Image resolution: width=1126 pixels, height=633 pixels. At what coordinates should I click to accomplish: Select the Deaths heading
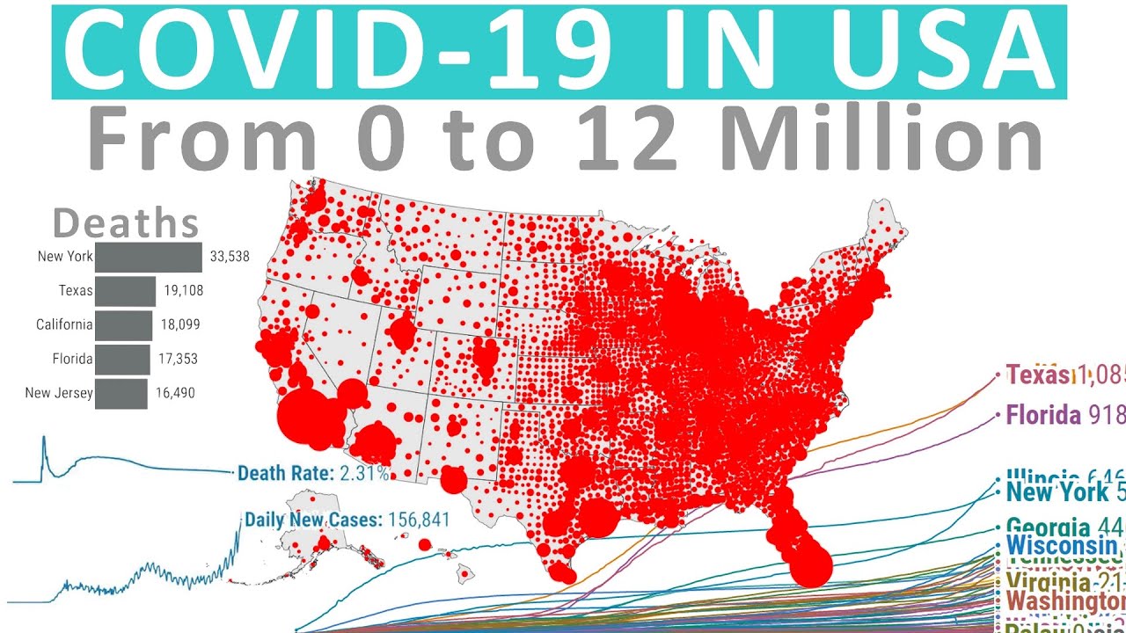pos(126,223)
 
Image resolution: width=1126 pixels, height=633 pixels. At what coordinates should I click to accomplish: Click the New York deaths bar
pos(149,258)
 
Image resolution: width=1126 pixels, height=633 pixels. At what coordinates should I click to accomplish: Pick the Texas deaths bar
pos(125,291)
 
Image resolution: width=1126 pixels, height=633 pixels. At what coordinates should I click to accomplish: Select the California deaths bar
pos(123,325)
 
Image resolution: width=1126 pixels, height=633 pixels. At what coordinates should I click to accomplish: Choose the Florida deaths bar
pos(122,360)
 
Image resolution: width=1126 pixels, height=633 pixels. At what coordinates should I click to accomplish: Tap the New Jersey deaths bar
pos(121,394)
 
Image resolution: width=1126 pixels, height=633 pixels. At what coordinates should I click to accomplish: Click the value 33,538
pos(230,258)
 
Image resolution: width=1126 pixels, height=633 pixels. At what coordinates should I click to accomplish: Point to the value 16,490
pos(176,394)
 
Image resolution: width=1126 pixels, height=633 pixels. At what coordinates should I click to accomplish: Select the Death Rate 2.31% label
pos(313,474)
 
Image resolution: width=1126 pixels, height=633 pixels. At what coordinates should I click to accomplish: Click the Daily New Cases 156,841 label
pos(347,520)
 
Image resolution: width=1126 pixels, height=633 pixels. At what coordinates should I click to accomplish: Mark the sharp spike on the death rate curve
pos(44,439)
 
